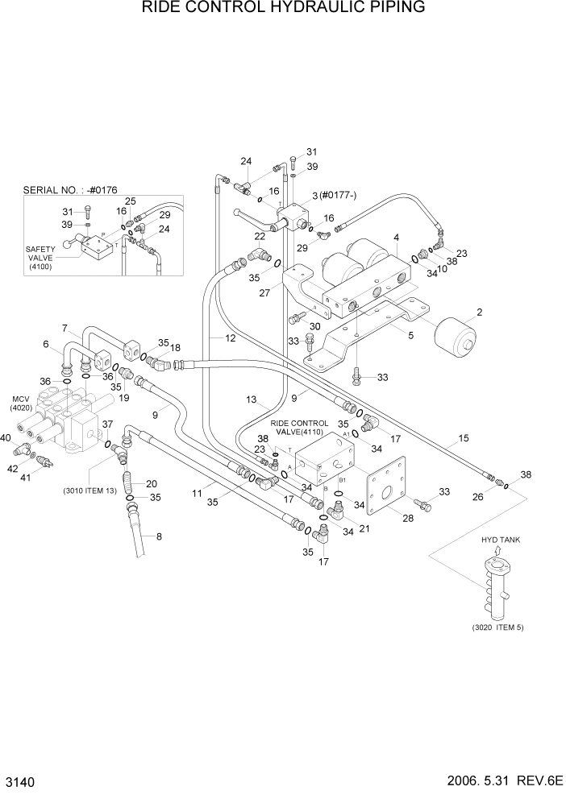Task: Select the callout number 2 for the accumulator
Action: click(479, 312)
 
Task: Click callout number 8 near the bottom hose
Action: click(158, 536)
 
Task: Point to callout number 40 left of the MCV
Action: click(6, 437)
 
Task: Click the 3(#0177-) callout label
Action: click(331, 196)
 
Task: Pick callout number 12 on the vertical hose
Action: click(230, 338)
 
